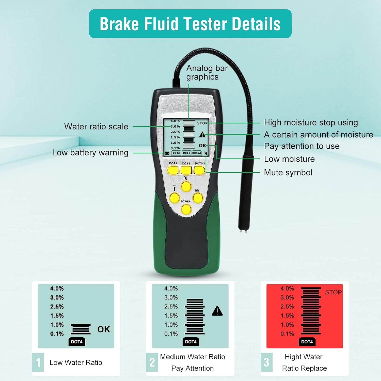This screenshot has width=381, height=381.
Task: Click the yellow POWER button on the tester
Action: [x=186, y=210]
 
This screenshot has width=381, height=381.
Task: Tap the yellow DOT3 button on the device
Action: [x=173, y=170]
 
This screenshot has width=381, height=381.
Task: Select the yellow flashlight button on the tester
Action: [x=175, y=198]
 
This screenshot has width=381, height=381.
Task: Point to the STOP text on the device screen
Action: [x=202, y=123]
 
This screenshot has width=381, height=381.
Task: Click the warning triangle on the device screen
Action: [x=202, y=135]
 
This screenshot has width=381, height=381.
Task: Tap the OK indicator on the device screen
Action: [x=202, y=146]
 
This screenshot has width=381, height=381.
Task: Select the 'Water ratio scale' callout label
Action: [x=96, y=126]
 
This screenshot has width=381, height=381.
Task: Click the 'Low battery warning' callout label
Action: [x=90, y=152]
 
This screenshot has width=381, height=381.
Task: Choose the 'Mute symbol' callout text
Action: [x=288, y=172]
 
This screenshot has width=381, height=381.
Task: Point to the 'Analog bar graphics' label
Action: [x=207, y=73]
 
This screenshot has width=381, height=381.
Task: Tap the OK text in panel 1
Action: [x=104, y=329]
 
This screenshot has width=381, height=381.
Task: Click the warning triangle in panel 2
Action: [x=217, y=311]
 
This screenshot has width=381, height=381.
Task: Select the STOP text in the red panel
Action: [x=333, y=292]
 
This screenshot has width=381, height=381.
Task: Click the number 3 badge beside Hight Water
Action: [x=266, y=362]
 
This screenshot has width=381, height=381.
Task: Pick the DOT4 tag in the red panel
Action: [x=307, y=342]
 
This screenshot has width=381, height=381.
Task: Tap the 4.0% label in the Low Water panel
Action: [x=57, y=289]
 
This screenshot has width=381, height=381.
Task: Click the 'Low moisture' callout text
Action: [x=289, y=159]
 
